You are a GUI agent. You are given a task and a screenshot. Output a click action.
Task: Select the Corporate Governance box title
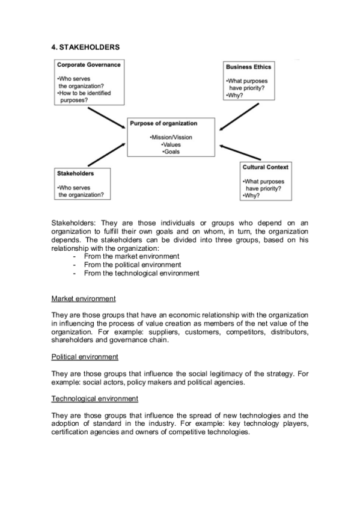click(x=88, y=65)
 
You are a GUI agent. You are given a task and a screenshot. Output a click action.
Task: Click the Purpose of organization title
click(x=163, y=123)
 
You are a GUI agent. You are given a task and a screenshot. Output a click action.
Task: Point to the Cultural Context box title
click(x=265, y=167)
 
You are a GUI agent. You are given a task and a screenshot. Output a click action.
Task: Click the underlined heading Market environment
click(x=84, y=299)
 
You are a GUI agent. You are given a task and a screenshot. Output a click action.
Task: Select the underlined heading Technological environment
click(x=95, y=399)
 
